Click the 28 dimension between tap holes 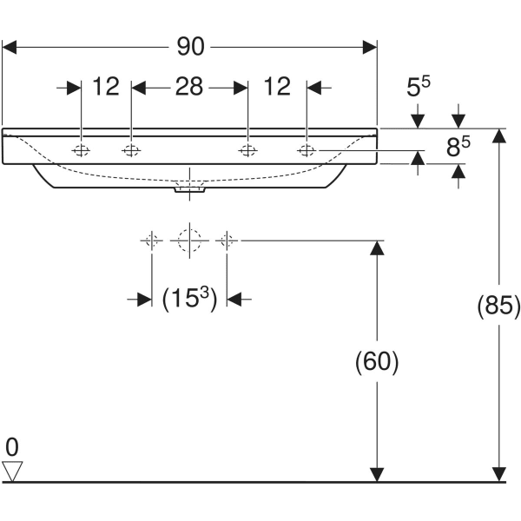pos(189,87)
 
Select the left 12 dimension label pos(105,87)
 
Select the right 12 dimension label pos(277,87)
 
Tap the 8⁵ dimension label pos(458,148)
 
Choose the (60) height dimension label pos(377,361)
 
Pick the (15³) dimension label pos(189,299)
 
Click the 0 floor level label pos(12,448)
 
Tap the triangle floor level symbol pos(12,471)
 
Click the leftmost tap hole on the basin pos(80,151)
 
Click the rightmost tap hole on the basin pos(307,151)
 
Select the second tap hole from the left pos(131,151)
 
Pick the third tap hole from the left pos(247,151)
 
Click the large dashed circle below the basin pos(189,239)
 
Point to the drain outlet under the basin pos(189,188)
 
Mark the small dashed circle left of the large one pos(152,239)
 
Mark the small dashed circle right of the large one pos(227,239)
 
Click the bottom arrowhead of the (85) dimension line pos(498,474)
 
